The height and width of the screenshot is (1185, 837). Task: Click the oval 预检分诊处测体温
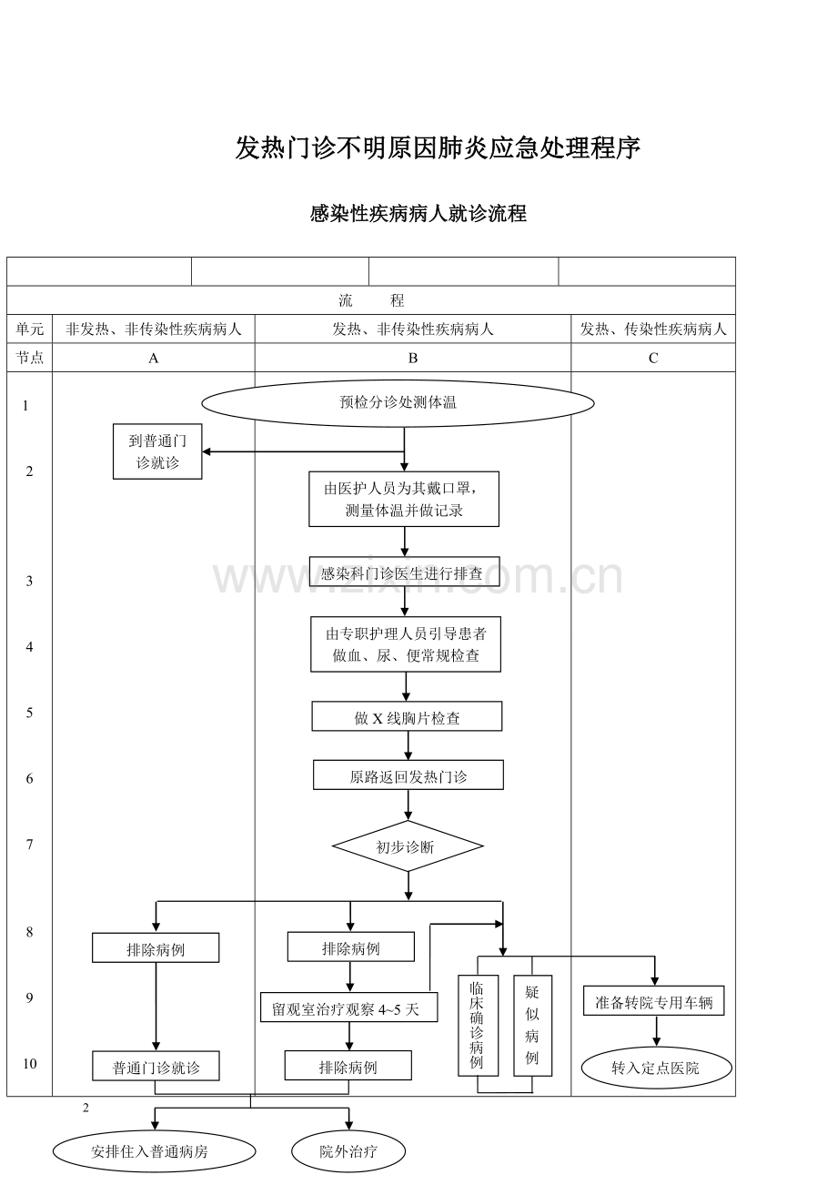(398, 402)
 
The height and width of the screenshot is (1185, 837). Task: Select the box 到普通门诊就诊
(157, 451)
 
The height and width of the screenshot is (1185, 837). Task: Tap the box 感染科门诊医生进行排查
(404, 573)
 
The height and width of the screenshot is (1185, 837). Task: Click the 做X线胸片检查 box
(407, 717)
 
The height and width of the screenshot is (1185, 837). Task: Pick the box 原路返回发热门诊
(408, 776)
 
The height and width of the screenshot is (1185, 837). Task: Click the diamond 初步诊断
(407, 847)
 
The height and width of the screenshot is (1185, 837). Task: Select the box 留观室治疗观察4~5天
(348, 1008)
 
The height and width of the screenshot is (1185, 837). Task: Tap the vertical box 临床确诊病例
(477, 1025)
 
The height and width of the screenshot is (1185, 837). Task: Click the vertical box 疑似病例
(532, 1025)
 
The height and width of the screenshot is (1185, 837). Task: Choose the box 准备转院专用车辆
(654, 1003)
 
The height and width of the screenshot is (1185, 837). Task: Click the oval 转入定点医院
(656, 1068)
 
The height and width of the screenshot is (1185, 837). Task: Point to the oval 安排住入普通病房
(154, 1151)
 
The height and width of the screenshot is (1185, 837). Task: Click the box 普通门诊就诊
(156, 1068)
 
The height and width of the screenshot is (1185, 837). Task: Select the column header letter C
(653, 358)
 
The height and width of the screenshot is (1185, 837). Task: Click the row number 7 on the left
(29, 845)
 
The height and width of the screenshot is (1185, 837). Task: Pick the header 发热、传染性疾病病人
(653, 329)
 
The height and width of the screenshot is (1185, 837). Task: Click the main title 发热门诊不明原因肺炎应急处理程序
(438, 147)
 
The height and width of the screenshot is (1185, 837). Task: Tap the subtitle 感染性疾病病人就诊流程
(418, 215)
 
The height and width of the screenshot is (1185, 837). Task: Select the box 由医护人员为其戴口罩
(404, 499)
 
